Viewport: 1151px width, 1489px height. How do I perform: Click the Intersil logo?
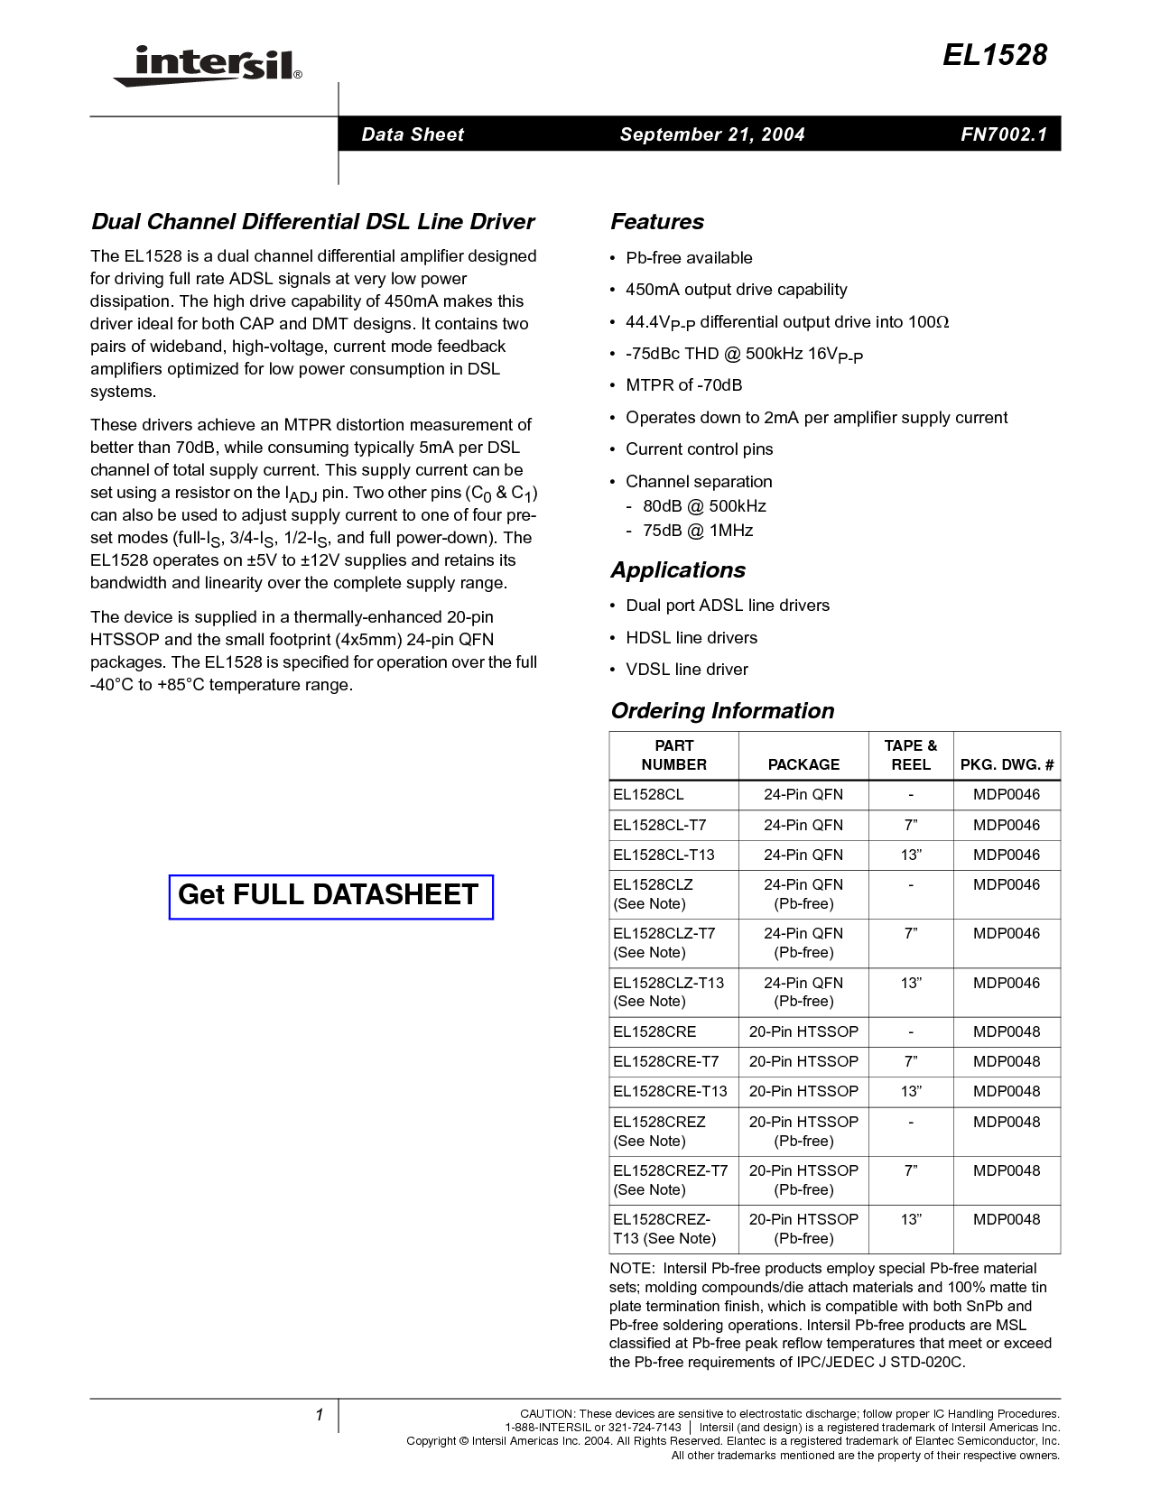click(208, 67)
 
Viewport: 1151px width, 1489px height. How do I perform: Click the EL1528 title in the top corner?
click(995, 56)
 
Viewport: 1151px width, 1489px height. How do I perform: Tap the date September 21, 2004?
click(712, 134)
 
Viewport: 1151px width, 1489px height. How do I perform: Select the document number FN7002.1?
click(1004, 134)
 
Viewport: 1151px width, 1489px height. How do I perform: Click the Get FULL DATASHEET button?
click(331, 897)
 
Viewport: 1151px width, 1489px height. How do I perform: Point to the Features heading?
click(656, 221)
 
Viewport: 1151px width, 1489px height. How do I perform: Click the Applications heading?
click(678, 570)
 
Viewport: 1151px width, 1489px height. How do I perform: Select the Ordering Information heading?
click(722, 710)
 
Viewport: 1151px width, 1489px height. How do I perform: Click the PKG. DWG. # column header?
click(1007, 764)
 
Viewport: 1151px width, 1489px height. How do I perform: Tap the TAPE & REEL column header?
click(910, 755)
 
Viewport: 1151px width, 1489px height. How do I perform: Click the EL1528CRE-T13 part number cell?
click(670, 1091)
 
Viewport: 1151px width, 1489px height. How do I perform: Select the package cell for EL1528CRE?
click(803, 1032)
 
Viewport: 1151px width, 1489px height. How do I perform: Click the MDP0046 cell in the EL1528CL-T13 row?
click(1007, 855)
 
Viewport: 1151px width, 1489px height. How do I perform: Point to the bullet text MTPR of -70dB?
click(684, 385)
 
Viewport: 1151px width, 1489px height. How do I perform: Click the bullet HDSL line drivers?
click(692, 638)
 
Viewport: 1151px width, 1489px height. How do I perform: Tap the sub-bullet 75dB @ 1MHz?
click(698, 531)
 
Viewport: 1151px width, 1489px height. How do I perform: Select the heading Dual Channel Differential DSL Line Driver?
click(312, 221)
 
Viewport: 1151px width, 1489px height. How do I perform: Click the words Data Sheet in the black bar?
click(413, 134)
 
